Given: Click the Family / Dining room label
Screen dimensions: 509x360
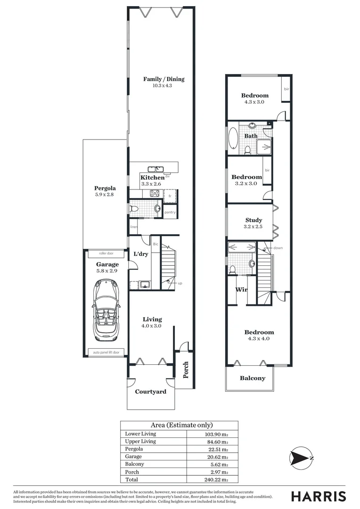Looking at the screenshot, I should click(x=164, y=79).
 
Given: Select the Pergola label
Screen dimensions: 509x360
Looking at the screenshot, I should click(x=105, y=188).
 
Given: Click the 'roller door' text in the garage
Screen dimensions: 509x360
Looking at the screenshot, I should click(x=106, y=254).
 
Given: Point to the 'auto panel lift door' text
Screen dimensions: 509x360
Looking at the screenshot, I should click(x=106, y=352).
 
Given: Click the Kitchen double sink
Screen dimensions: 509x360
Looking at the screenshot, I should click(x=155, y=169).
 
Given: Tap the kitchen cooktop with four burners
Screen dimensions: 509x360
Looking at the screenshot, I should click(x=155, y=193).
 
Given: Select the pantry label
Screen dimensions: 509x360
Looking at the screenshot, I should click(x=170, y=212).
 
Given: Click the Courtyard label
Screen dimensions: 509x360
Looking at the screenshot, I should click(x=150, y=392).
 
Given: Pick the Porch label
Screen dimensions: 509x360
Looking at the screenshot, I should click(x=186, y=370).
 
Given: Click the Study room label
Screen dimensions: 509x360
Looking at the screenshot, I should click(x=254, y=220).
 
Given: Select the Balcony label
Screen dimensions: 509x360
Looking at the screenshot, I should click(x=253, y=378).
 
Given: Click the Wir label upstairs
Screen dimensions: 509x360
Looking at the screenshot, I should click(x=241, y=289).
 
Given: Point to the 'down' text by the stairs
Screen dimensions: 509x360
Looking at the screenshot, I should click(x=278, y=247).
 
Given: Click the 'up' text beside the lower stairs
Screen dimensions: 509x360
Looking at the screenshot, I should click(x=180, y=283).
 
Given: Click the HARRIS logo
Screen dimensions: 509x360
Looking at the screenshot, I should click(x=318, y=496).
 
